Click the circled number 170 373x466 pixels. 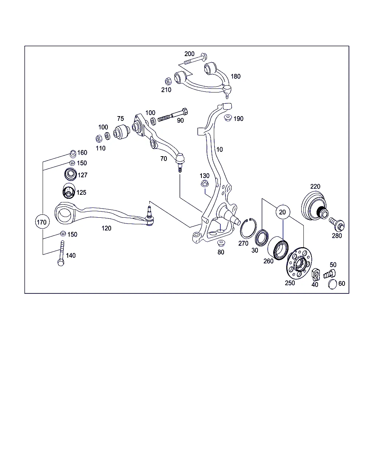click(x=42, y=221)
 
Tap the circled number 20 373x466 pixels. click(x=283, y=212)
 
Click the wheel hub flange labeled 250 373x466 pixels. click(x=299, y=263)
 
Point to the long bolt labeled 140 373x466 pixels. click(x=61, y=253)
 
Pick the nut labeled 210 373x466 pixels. click(x=168, y=82)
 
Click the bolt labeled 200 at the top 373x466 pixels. click(x=196, y=59)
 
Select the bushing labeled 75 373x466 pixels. click(x=121, y=131)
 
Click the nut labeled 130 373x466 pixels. click(x=205, y=183)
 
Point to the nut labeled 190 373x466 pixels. click(x=228, y=118)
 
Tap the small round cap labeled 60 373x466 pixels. click(x=333, y=284)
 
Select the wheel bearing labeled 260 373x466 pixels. click(x=278, y=248)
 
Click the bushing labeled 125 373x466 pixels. click(x=69, y=191)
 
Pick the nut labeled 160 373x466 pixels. click(x=73, y=154)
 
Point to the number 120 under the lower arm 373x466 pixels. click(x=106, y=228)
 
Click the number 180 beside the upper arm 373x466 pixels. click(x=236, y=76)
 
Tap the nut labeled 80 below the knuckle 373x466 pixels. click(x=221, y=243)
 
